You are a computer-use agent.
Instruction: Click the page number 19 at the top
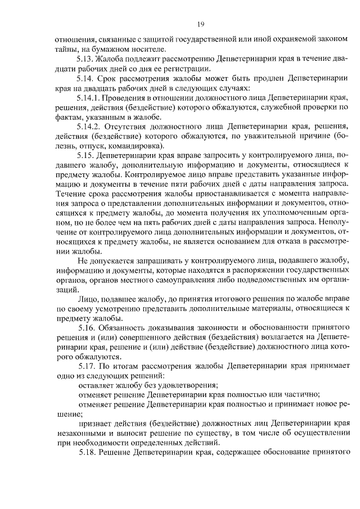pyautogui.click(x=200, y=25)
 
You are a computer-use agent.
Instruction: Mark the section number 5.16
pyautogui.click(x=87, y=327)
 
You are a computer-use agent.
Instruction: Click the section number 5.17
pyautogui.click(x=87, y=366)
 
